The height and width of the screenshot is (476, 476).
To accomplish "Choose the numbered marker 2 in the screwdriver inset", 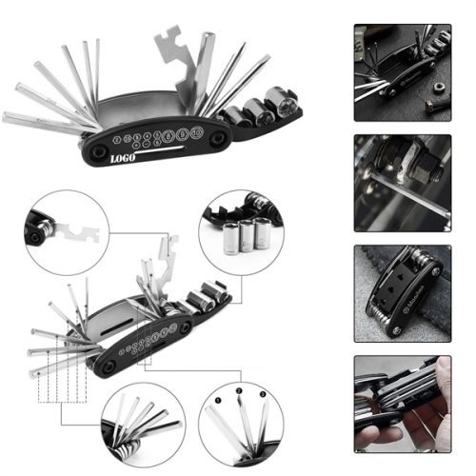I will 237,390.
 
